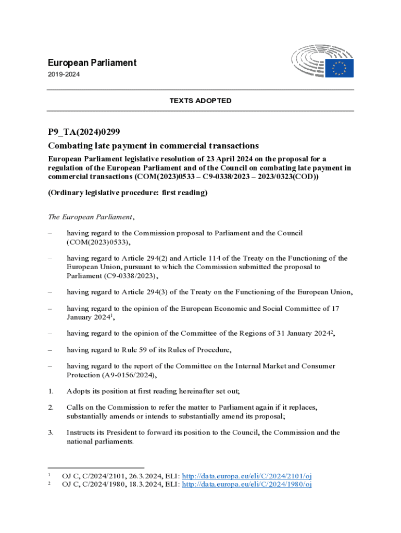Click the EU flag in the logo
click(x=340, y=68)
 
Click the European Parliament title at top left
click(x=92, y=63)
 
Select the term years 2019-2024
click(x=64, y=75)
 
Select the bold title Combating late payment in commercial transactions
click(x=154, y=145)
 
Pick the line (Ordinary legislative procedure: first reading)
click(x=128, y=193)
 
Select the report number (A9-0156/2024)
click(x=137, y=375)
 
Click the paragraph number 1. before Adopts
click(x=51, y=391)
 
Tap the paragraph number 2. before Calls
click(x=51, y=408)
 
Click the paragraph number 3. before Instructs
click(x=51, y=433)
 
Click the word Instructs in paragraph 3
click(x=80, y=433)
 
